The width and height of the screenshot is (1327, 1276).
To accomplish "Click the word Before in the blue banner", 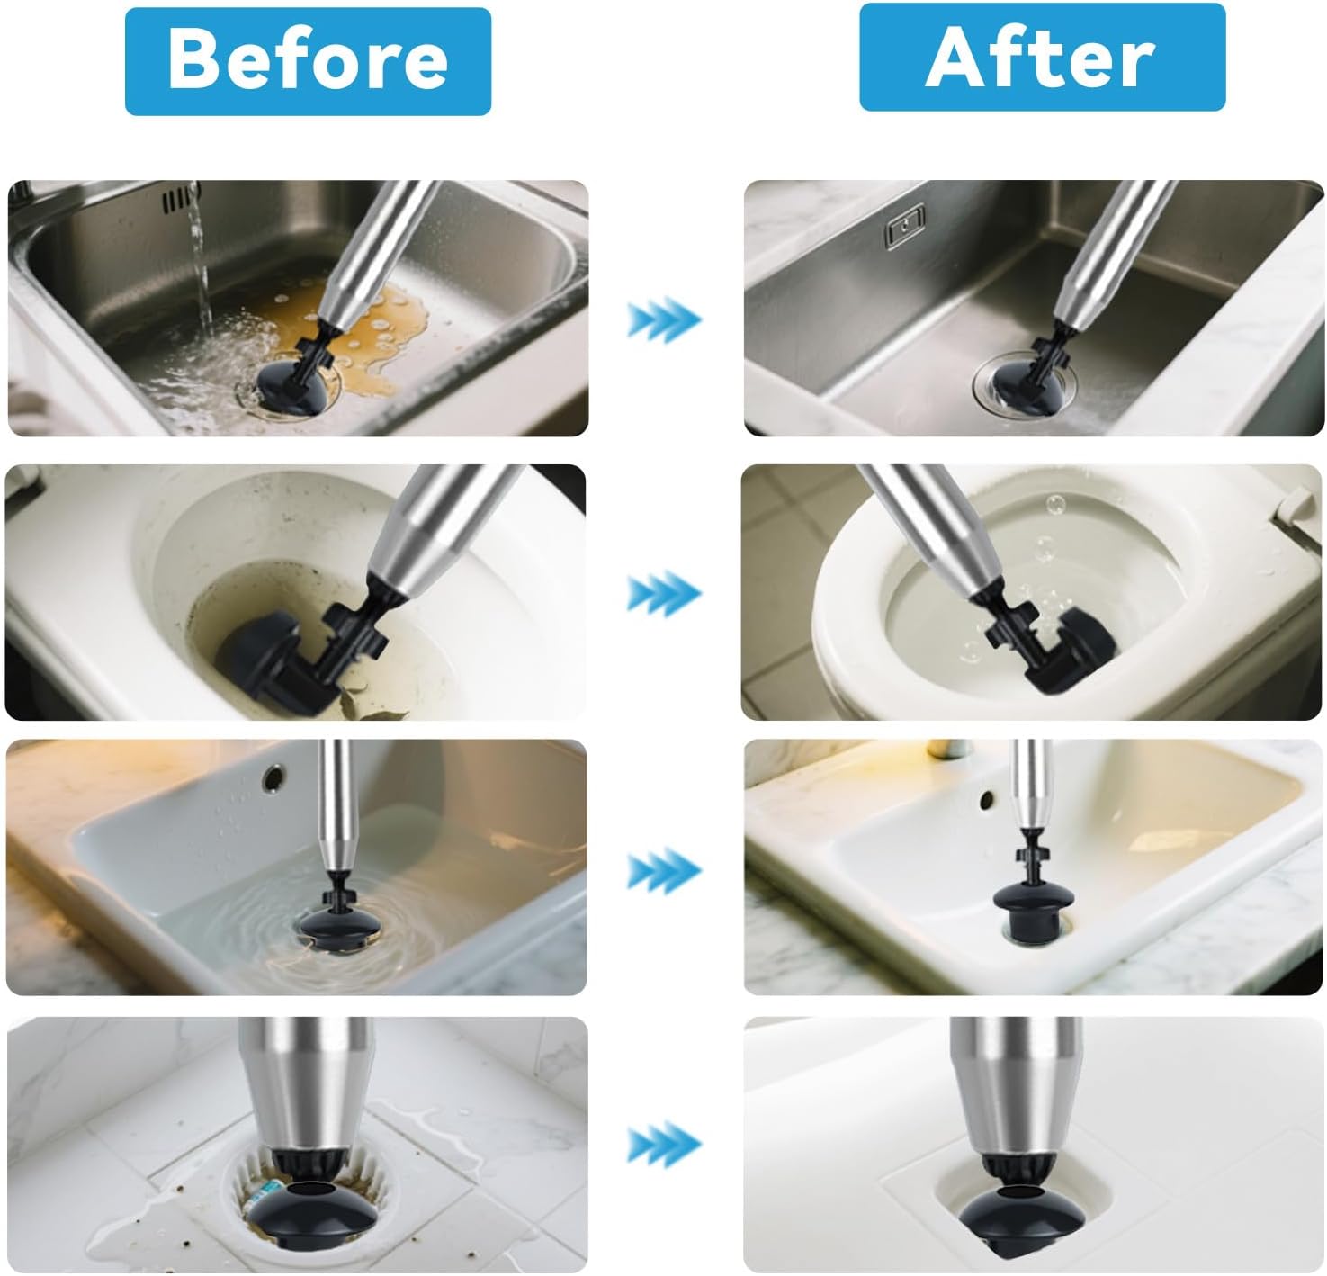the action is pyautogui.click(x=308, y=59).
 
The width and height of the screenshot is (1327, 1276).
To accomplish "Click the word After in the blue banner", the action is pyautogui.click(x=1040, y=58).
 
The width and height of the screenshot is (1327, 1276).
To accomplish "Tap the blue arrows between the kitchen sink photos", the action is pyautogui.click(x=664, y=319).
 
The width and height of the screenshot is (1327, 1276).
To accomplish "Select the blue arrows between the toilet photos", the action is pyautogui.click(x=664, y=593).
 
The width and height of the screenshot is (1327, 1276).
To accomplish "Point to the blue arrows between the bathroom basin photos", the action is pyautogui.click(x=664, y=870).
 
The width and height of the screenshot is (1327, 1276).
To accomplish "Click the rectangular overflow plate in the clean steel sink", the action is pyautogui.click(x=905, y=225).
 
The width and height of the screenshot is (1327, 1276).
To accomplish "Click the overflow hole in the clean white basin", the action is pyautogui.click(x=986, y=799).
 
